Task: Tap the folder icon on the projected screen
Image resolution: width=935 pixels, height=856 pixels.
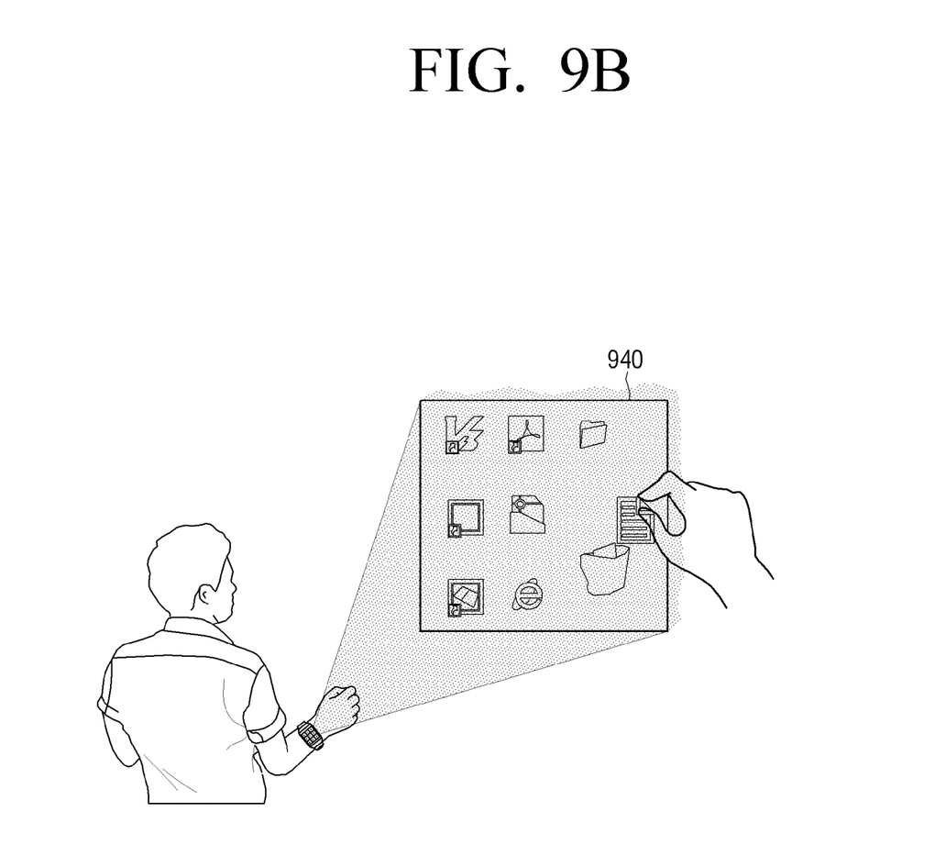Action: [x=594, y=434]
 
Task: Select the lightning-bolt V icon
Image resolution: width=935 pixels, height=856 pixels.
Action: [x=462, y=433]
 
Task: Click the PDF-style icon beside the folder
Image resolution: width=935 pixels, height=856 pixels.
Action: [x=526, y=434]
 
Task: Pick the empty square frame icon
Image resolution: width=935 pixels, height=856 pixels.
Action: [x=465, y=517]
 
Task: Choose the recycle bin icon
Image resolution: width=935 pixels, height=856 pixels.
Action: [x=604, y=569]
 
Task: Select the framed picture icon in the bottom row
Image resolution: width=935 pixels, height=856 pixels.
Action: [x=465, y=597]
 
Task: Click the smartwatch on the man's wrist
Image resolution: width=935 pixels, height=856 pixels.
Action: [x=310, y=735]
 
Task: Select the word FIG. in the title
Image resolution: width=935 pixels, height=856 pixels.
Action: [x=457, y=72]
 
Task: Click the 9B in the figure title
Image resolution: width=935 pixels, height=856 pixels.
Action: [x=592, y=72]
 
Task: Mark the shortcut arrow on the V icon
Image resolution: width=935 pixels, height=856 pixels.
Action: [x=452, y=448]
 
